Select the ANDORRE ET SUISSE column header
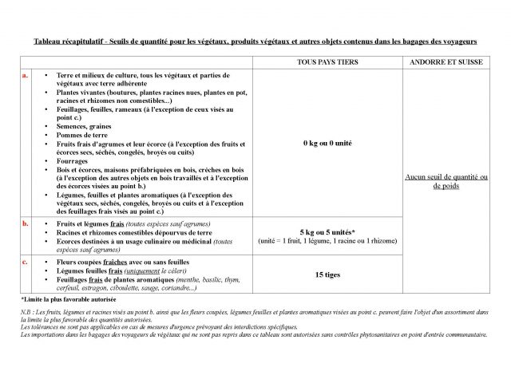point(446,61)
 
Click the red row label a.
point(26,75)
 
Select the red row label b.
point(26,224)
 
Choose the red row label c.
point(26,261)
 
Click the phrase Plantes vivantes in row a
point(79,93)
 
